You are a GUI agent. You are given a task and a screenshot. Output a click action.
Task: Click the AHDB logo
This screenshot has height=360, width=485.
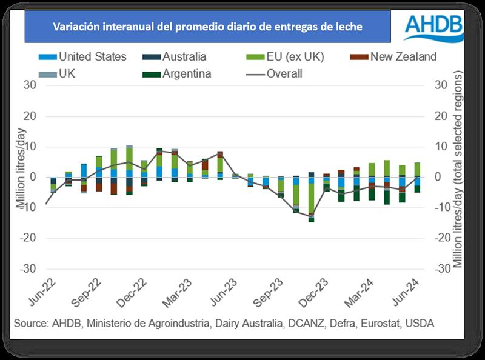[433, 26]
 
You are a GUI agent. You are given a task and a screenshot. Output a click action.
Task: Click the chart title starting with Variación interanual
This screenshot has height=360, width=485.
[207, 27]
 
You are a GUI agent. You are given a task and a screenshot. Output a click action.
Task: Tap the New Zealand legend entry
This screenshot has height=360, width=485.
[395, 57]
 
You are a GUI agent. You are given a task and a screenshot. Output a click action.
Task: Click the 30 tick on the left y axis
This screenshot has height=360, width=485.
[30, 85]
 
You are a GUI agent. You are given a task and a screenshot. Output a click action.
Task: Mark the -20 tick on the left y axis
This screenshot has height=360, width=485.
[28, 238]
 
